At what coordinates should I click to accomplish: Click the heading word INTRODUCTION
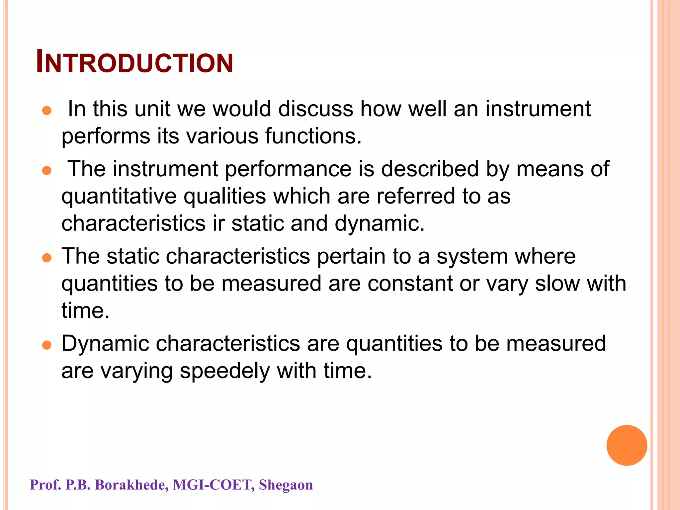click(x=134, y=62)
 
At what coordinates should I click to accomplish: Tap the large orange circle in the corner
click(x=627, y=445)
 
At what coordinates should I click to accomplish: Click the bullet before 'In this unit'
click(x=47, y=111)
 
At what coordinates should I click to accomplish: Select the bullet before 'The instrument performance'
click(x=47, y=171)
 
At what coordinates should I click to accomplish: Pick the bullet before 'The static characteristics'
click(x=47, y=258)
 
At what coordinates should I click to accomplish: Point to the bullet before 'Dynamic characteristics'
click(x=47, y=345)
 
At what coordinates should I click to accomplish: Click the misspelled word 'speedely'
click(x=224, y=372)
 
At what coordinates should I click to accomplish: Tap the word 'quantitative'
click(x=119, y=197)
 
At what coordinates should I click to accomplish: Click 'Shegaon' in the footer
click(x=286, y=485)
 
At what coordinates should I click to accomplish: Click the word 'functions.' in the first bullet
click(x=313, y=136)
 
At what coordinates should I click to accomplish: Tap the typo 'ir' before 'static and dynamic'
click(x=218, y=223)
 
